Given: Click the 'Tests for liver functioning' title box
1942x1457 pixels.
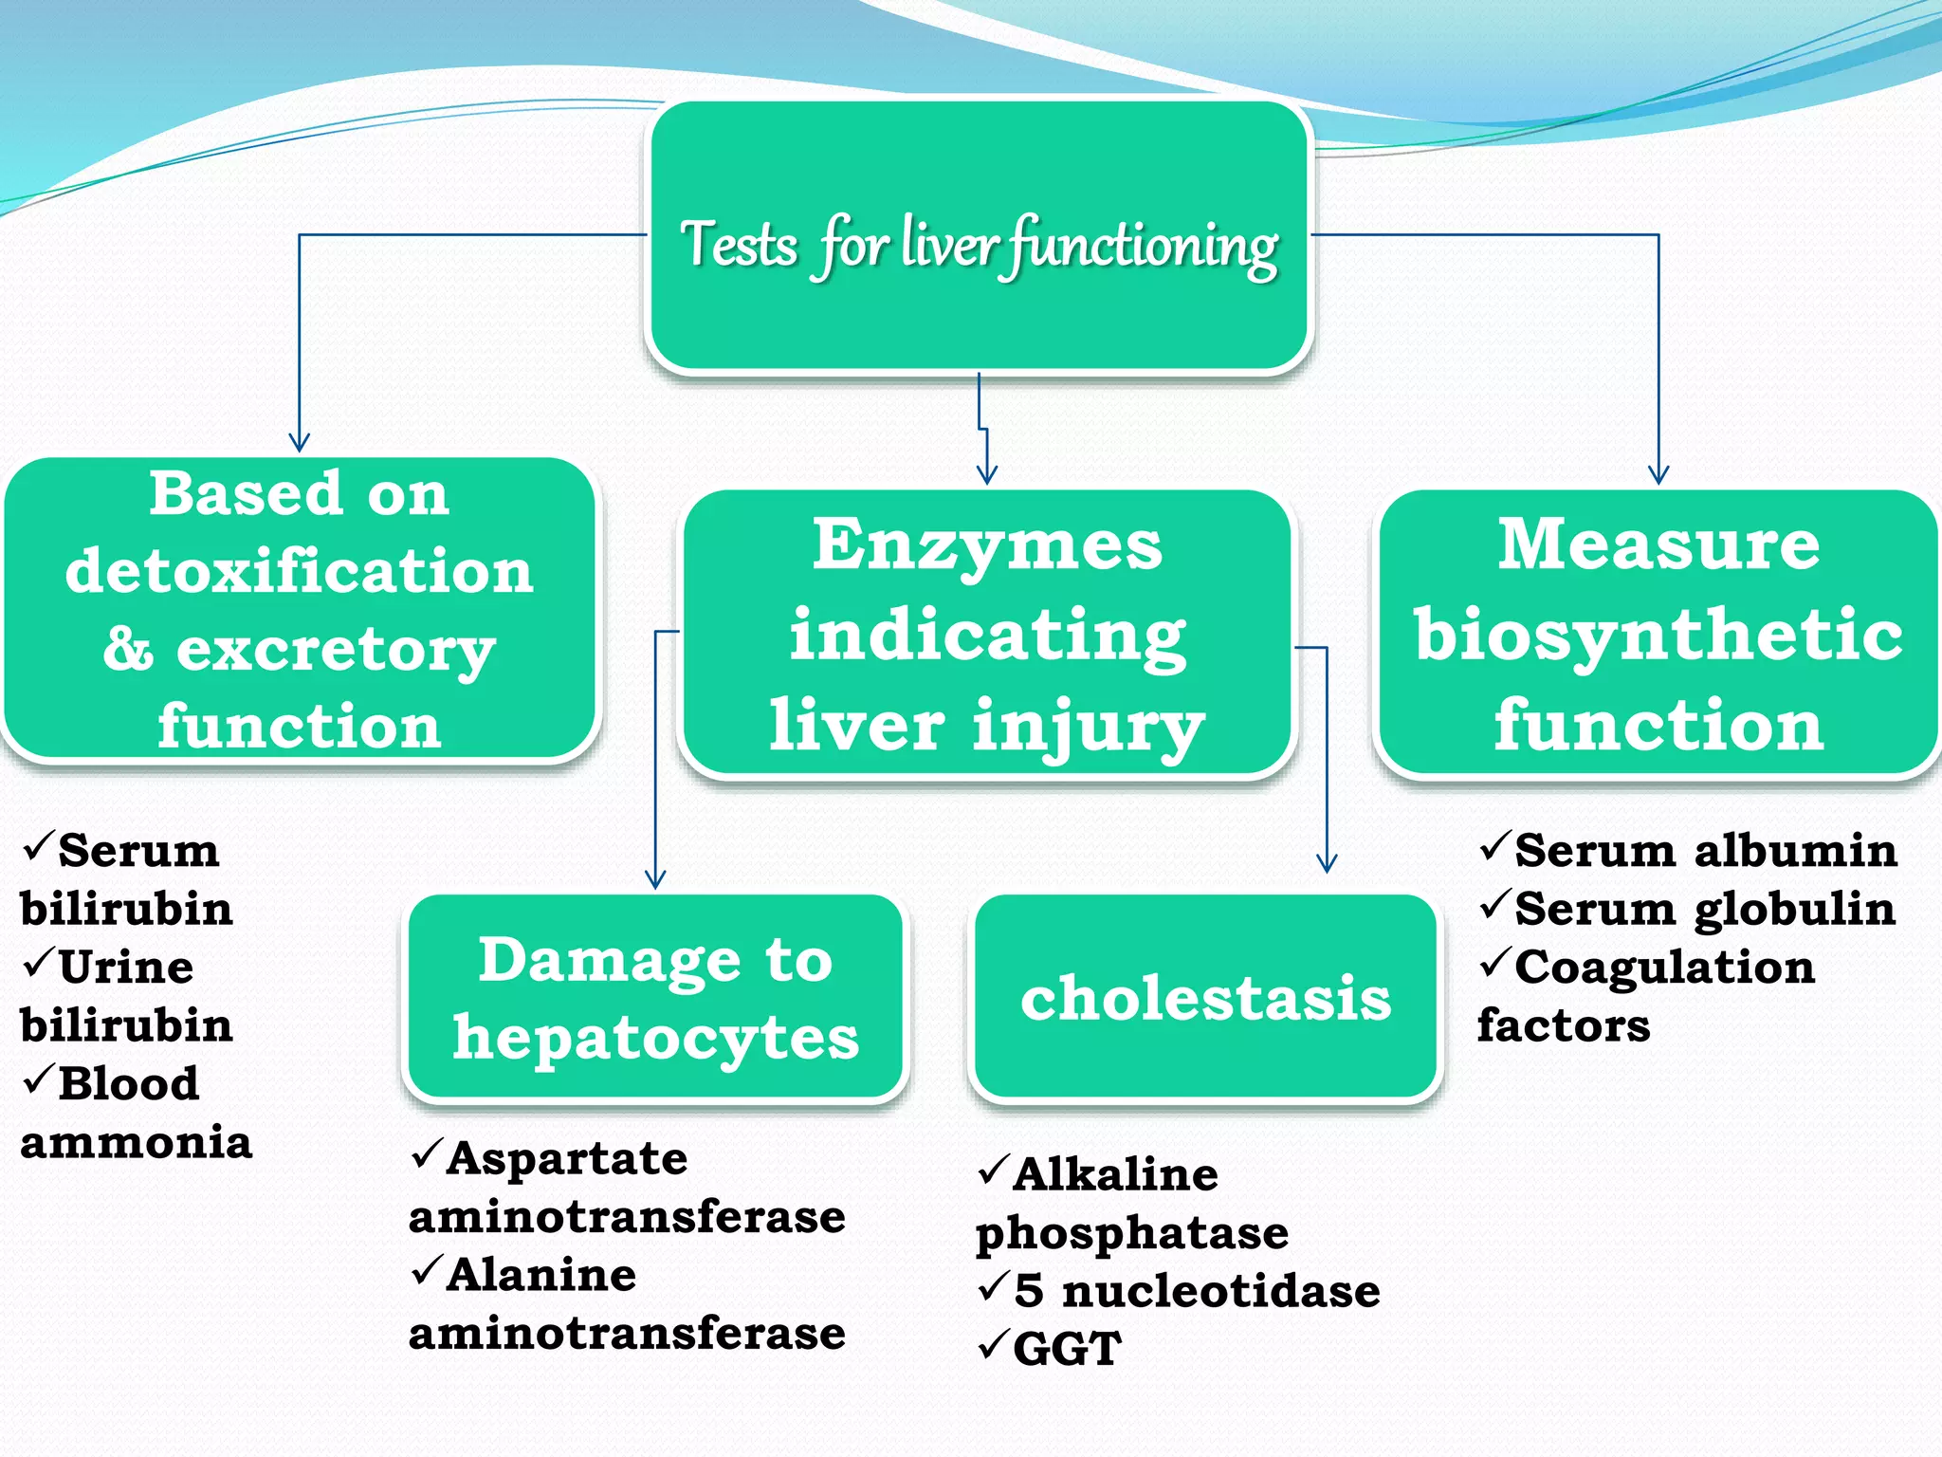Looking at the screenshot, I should [x=979, y=237].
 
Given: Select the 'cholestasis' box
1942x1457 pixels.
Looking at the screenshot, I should [x=1204, y=998].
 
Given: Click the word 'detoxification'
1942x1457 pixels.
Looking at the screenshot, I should [x=300, y=571].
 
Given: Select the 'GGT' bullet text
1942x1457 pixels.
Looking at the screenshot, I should [x=1067, y=1348].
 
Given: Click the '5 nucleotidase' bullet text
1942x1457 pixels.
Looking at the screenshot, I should [x=1197, y=1291].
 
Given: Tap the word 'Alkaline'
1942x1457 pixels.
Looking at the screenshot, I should [x=1115, y=1174].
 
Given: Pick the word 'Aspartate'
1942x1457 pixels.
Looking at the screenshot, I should [x=567, y=1158].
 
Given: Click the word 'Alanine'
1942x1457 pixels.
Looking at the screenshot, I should [x=541, y=1275].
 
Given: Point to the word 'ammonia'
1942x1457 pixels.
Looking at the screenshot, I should [x=137, y=1142].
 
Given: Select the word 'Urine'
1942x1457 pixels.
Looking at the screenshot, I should [x=126, y=968].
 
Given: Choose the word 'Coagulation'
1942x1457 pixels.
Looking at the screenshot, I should [x=1664, y=968].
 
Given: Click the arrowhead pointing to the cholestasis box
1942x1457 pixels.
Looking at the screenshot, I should [x=1327, y=862].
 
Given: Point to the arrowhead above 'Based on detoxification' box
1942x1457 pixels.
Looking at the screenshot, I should [x=300, y=442].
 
